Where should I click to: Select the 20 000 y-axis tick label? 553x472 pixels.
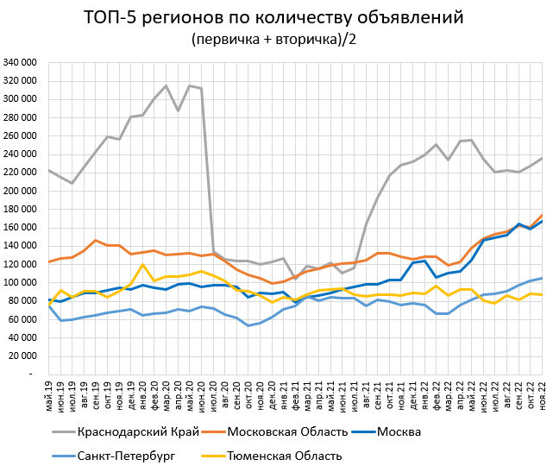22,356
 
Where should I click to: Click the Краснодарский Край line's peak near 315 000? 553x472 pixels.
166,85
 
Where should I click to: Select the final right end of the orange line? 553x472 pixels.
541,215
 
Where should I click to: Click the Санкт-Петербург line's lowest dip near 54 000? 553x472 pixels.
248,325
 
